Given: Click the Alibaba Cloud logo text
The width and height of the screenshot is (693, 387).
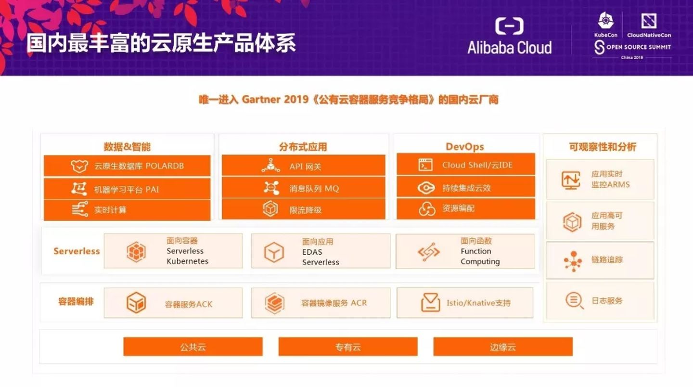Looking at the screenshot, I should (509, 48).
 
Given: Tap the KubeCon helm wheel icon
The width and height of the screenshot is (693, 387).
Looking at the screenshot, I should (605, 21).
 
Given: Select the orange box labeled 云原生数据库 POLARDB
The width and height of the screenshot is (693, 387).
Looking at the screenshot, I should (127, 166).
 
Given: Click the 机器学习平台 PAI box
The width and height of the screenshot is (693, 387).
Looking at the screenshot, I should (127, 189).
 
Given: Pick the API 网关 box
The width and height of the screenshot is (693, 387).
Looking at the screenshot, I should (303, 166).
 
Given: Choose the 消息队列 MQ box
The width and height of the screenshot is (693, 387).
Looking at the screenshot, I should (303, 188).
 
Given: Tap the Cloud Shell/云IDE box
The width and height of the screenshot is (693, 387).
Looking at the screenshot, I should (465, 165).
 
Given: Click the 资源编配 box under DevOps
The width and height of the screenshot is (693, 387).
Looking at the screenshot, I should (465, 208).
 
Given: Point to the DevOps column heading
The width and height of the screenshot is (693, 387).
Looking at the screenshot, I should (464, 146).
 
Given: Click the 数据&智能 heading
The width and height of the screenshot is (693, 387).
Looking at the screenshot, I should (127, 147).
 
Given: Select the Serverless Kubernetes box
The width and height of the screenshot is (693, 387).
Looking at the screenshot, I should (173, 251).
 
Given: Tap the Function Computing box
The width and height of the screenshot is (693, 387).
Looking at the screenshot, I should (465, 251).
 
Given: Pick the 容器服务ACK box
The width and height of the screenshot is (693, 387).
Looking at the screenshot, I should (173, 303).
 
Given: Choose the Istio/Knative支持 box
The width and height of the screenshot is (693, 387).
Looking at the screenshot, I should (465, 303).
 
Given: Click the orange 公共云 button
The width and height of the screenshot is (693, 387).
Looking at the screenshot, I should (193, 347).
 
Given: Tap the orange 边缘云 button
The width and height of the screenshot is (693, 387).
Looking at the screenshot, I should (503, 347).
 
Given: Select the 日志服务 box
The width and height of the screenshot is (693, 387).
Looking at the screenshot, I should (600, 300).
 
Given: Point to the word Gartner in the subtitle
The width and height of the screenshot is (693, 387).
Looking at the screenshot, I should (260, 100).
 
